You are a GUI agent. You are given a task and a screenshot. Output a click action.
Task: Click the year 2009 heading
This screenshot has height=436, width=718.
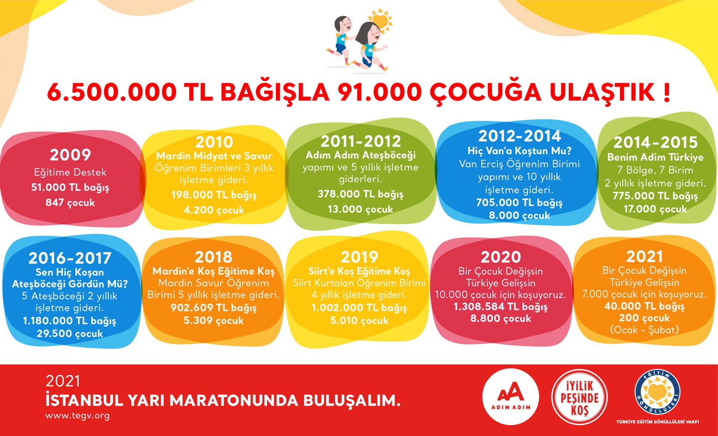pos(70,155)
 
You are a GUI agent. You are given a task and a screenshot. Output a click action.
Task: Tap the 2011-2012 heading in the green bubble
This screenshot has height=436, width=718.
pos(360,141)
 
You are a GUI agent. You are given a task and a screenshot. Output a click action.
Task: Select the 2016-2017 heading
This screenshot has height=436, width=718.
pos(70,258)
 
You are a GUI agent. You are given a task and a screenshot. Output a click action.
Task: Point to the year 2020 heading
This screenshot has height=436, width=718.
pos(501,257)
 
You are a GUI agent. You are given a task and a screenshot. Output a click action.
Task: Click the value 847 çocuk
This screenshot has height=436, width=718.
pos(70,202)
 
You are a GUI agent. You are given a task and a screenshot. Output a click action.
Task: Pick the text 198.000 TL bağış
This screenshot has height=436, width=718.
pos(214,195)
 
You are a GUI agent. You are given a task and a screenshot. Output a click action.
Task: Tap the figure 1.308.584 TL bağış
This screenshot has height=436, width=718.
pos(501,307)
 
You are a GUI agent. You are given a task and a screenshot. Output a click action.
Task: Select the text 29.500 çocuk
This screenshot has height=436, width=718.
pos(70,333)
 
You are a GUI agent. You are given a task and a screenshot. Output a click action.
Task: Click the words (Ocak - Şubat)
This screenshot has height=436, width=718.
pos(644,330)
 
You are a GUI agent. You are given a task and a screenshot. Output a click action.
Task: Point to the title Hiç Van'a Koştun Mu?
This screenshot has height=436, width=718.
pos(519,151)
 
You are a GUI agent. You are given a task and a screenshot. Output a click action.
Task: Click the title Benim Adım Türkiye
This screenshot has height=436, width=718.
pos(655,157)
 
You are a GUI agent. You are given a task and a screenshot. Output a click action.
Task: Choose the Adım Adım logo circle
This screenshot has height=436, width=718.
pos(510,397)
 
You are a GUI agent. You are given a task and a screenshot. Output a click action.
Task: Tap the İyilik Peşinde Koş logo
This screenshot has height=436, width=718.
pos(579,397)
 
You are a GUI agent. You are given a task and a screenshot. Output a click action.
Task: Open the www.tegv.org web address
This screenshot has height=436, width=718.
pos(77,415)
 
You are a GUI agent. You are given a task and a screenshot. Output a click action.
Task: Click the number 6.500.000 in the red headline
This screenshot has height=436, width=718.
pos(112,92)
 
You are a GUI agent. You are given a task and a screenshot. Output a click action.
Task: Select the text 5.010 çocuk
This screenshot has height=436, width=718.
pos(359,321)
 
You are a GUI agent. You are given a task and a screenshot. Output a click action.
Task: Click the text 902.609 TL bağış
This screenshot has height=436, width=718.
pos(214,308)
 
